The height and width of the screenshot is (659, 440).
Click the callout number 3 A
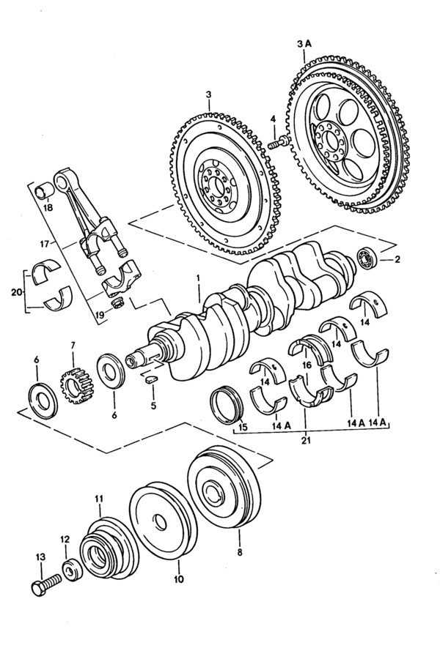coord(304,44)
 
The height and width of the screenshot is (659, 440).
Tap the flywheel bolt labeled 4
coord(279,143)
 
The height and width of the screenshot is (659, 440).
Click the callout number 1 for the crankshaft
coord(198,278)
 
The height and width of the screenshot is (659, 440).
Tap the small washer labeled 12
coord(72,570)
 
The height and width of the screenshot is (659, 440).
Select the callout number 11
coord(99,499)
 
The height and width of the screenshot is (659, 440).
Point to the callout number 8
coord(240,551)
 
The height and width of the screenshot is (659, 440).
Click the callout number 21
coord(306,440)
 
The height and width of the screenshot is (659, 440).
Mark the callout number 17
coord(45,243)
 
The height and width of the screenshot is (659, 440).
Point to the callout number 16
coord(307,365)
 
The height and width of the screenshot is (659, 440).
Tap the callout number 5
coord(153,406)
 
